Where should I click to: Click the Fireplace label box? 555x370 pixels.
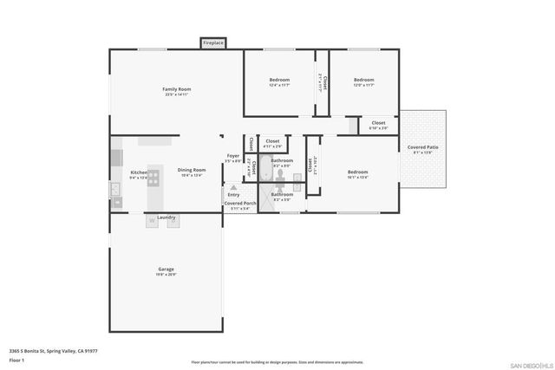pyautogui.click(x=213, y=42)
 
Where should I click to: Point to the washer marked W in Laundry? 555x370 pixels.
pyautogui.click(x=151, y=222)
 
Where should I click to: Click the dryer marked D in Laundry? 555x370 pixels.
pyautogui.click(x=173, y=222)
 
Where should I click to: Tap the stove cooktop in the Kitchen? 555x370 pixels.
pyautogui.click(x=153, y=178)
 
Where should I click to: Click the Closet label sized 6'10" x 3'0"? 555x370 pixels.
pyautogui.click(x=379, y=123)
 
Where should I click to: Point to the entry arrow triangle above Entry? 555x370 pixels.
pyautogui.click(x=233, y=187)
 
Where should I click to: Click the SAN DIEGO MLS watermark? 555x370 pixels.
pyautogui.click(x=529, y=363)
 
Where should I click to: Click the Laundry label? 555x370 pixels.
pyautogui.click(x=166, y=217)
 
